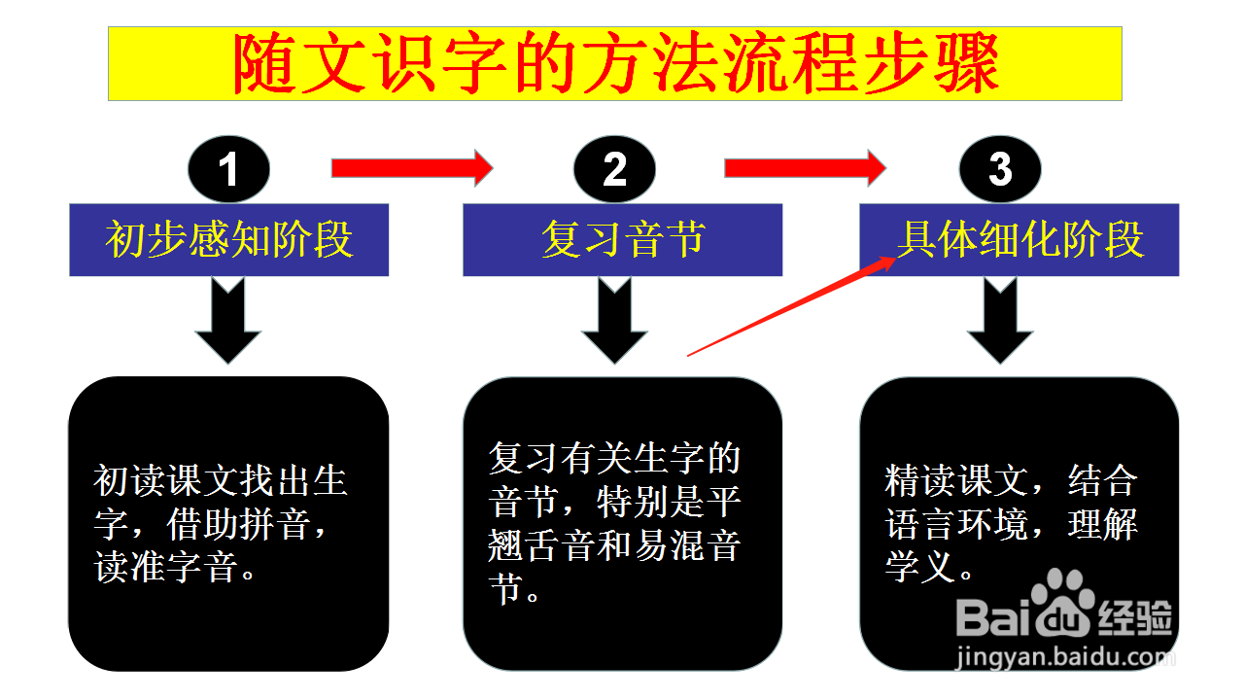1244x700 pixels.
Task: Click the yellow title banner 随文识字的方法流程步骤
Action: point(615,63)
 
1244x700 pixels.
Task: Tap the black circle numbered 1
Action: point(228,169)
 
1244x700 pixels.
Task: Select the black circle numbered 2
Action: point(614,169)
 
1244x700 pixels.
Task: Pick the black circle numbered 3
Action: point(1000,169)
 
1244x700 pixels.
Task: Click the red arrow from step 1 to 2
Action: point(412,168)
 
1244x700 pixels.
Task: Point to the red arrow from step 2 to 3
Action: point(806,168)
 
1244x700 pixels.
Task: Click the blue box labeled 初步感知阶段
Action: point(228,239)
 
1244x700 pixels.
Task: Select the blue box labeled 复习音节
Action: point(623,239)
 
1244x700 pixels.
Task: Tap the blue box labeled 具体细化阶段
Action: point(1019,239)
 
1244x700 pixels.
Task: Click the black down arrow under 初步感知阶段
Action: point(227,322)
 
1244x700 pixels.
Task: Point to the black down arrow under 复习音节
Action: point(614,322)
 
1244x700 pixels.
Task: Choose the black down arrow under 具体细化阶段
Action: point(1000,322)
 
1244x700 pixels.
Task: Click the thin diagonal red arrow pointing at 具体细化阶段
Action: point(792,306)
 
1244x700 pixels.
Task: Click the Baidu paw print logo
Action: point(1063,602)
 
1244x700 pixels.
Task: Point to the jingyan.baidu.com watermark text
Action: point(1065,658)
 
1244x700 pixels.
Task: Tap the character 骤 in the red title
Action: point(967,63)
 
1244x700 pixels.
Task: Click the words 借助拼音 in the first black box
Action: point(239,524)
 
